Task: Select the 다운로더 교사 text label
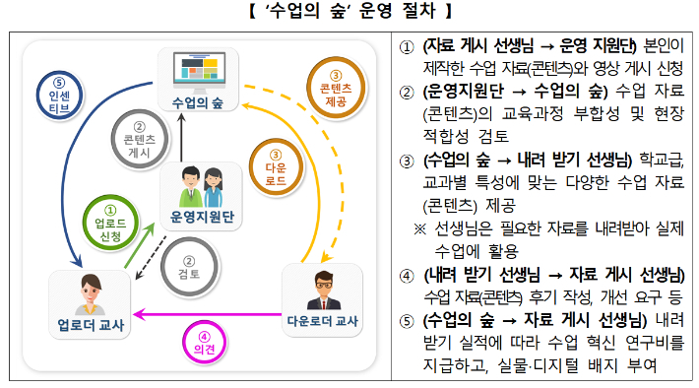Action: (x=321, y=320)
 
